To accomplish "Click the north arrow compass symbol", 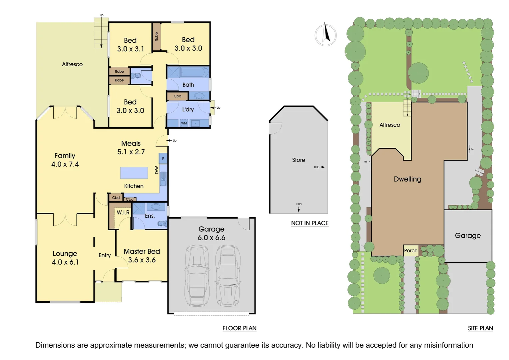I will click(325, 35).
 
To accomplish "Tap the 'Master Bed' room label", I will click(142, 251).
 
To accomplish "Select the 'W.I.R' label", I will click(123, 212).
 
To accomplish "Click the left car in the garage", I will click(197, 275).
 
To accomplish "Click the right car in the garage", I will click(228, 275).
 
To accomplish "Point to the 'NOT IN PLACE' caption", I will click(309, 223).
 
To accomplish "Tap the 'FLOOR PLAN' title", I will click(239, 328).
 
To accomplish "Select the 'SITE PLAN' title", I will click(480, 328).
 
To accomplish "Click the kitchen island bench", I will click(134, 173).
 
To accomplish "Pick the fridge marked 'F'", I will click(163, 158).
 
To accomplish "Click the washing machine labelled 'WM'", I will click(184, 123).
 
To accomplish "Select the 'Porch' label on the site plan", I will click(410, 251).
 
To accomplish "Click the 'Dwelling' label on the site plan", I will click(407, 179).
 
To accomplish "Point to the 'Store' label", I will click(298, 160).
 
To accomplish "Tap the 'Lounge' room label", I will click(65, 254).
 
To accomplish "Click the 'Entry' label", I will click(105, 255).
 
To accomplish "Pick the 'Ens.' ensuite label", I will click(150, 216).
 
